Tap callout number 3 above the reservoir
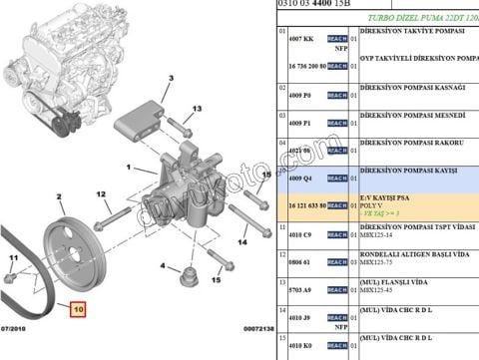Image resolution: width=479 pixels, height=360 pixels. tap(171, 77)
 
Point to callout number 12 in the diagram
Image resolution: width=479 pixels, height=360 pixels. tap(101, 193)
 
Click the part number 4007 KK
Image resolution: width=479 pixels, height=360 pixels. tap(301, 37)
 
